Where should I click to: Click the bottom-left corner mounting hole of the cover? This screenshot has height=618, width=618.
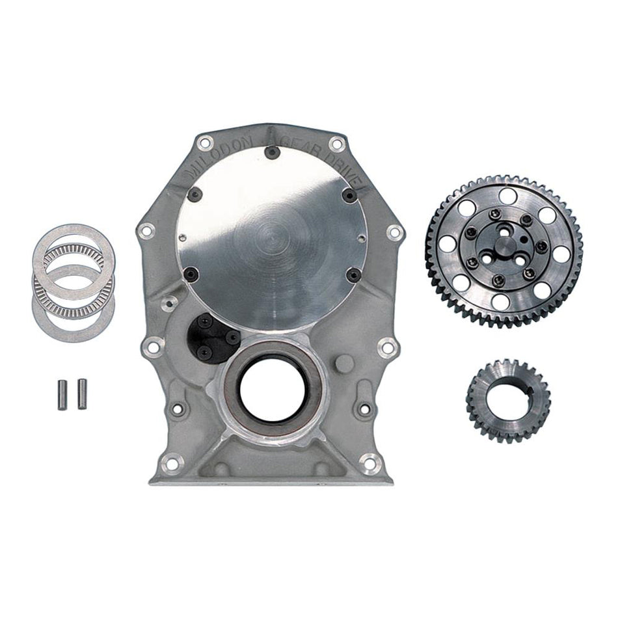point(172,464)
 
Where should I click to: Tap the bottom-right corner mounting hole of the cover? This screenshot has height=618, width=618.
point(370,463)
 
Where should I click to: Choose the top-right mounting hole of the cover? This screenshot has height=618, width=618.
point(336,144)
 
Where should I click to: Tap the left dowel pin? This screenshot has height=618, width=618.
point(63,394)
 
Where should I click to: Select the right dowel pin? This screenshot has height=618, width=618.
point(82,394)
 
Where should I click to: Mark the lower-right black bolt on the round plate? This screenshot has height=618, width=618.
point(353,276)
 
